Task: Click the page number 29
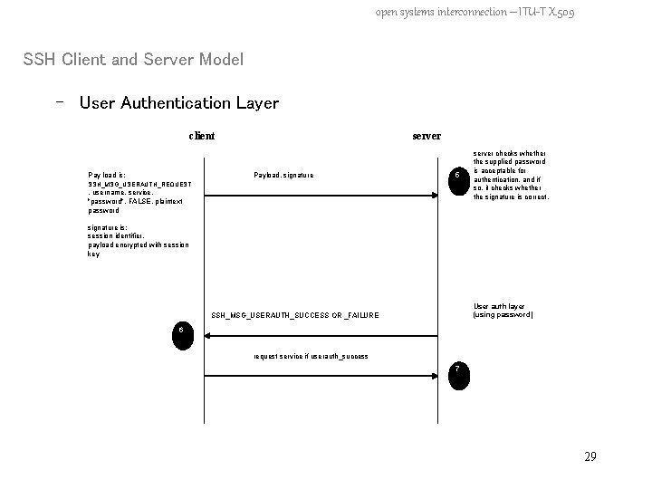[x=590, y=456]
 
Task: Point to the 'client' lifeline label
[x=201, y=136]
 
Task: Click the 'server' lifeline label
[x=427, y=136]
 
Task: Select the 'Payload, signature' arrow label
[x=283, y=175]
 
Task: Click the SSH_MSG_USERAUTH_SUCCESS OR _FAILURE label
[x=295, y=315]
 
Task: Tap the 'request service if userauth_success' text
[x=311, y=356]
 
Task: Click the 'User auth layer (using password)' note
[x=503, y=311]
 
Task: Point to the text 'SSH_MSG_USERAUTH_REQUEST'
[x=139, y=184]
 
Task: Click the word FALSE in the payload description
[x=141, y=201]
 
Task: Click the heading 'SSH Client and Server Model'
[x=133, y=60]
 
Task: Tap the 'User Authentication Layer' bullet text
[x=178, y=103]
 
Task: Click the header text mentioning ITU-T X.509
[x=475, y=12]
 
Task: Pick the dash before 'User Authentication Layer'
[x=60, y=102]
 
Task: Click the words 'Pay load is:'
[x=107, y=175]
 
